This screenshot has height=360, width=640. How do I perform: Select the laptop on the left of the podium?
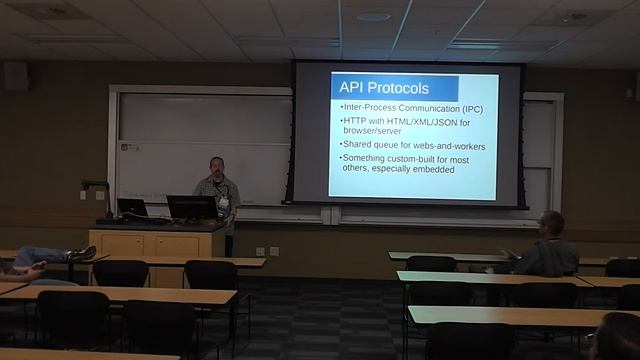click(x=131, y=209)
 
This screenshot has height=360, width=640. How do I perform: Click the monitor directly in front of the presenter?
click(x=190, y=207)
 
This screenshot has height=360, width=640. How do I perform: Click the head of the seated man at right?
click(x=551, y=223)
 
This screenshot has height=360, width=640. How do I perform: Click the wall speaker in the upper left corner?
click(x=14, y=76)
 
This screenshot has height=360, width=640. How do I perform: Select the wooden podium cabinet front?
click(x=155, y=243)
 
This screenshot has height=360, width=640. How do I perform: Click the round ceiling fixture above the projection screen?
click(x=373, y=17)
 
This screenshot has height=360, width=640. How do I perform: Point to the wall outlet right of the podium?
click(x=260, y=250)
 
